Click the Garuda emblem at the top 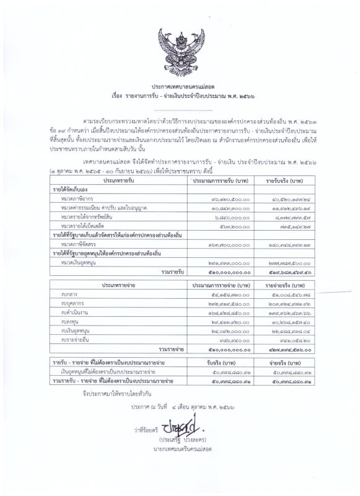[180, 50]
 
